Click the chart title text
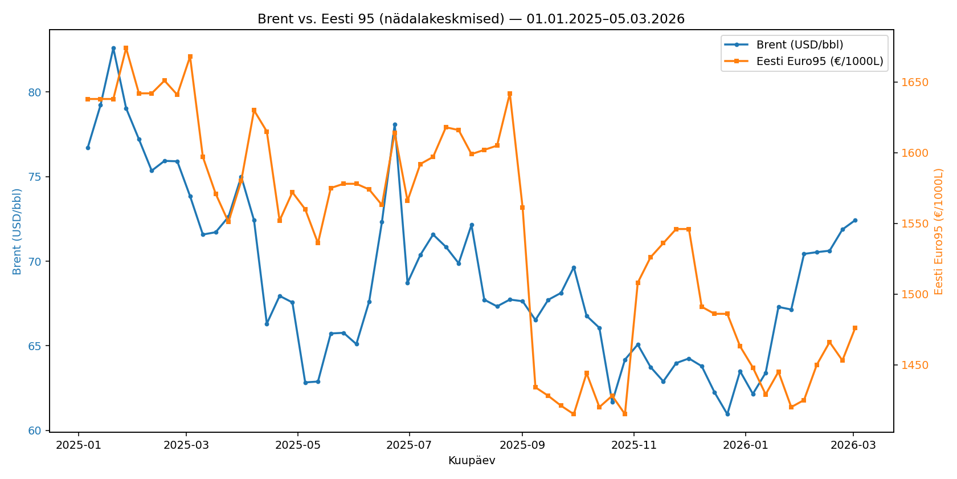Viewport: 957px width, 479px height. coord(471,19)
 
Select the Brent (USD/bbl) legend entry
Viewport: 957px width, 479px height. coord(799,45)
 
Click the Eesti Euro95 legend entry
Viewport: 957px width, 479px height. coord(819,62)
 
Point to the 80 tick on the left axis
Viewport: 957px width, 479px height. coord(35,92)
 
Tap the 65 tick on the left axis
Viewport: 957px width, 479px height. coord(35,346)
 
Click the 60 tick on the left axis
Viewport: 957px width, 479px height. coord(35,431)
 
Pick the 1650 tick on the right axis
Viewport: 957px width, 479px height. coord(914,83)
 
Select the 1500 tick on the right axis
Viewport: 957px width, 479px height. coord(914,294)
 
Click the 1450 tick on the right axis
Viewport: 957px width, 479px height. coord(914,365)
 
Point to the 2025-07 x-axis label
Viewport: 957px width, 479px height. coord(409,445)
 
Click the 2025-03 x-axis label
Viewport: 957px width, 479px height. coord(186,445)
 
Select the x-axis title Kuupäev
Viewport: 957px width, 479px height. coord(471,461)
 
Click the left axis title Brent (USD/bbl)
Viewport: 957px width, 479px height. coord(17,232)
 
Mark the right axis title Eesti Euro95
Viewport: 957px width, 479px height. coord(939,232)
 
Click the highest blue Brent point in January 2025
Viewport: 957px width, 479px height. coord(113,48)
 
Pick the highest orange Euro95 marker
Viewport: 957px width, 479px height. coord(126,48)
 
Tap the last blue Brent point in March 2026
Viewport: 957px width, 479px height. coord(855,220)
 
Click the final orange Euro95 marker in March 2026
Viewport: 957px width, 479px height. coord(855,328)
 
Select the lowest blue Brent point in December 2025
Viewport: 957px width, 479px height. coord(727,414)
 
